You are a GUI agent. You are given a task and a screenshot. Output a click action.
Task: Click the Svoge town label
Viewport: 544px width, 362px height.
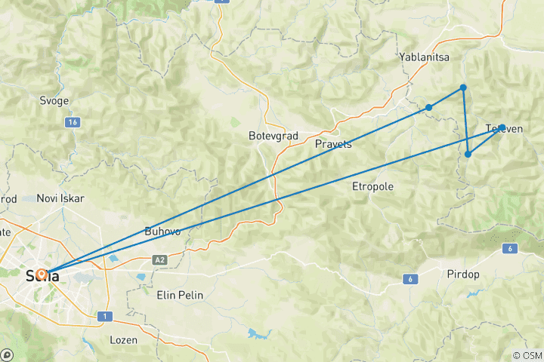point(54,100)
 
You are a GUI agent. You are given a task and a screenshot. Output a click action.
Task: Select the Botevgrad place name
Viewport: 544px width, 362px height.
point(273,137)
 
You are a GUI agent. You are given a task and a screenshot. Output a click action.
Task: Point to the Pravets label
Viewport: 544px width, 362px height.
point(333,144)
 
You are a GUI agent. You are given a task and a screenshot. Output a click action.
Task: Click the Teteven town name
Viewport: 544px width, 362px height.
point(505,129)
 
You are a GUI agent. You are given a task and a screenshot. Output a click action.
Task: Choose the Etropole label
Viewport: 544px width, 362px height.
point(373,186)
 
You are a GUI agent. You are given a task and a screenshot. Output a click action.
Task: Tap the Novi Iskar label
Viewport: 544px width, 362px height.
point(60,198)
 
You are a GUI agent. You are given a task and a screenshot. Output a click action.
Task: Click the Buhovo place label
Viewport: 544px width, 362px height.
point(162,232)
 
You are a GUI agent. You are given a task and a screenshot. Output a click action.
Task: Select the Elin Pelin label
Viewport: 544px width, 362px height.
point(179,295)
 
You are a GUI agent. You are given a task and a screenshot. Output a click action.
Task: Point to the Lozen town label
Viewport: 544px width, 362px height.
point(123,340)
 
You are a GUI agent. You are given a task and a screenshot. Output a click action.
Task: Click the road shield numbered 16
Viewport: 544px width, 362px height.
point(73,122)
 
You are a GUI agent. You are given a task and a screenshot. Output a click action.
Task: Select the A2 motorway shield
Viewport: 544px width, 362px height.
point(159,259)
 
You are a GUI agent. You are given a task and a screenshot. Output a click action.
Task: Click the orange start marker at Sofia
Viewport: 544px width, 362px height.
point(41,273)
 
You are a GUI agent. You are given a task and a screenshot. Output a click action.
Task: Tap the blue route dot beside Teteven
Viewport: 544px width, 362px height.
point(502,128)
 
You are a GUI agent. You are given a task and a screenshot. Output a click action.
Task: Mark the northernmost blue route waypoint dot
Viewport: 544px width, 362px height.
point(463,88)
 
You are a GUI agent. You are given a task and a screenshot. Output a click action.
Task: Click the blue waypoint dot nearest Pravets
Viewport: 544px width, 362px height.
point(428,107)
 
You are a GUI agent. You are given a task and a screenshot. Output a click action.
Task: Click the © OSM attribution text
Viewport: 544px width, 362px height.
point(526,355)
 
